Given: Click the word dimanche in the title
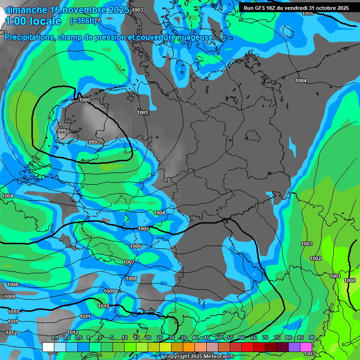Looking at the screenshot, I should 25,10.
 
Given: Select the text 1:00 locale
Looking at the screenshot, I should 33,21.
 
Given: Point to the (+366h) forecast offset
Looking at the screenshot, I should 83,21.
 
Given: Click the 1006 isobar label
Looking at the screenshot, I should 135,246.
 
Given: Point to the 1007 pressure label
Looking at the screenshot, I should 129,262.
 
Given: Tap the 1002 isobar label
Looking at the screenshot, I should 315,258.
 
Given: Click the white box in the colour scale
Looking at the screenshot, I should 48,347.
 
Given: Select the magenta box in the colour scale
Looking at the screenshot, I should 306,347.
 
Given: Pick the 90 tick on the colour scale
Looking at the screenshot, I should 312,337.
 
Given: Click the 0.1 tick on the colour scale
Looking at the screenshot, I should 54,337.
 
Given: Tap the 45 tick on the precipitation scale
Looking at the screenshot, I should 207,337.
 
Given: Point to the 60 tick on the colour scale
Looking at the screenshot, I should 242,337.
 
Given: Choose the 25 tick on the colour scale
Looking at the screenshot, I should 160,337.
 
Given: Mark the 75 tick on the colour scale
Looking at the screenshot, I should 277,337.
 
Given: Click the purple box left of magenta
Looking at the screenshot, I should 294,347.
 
